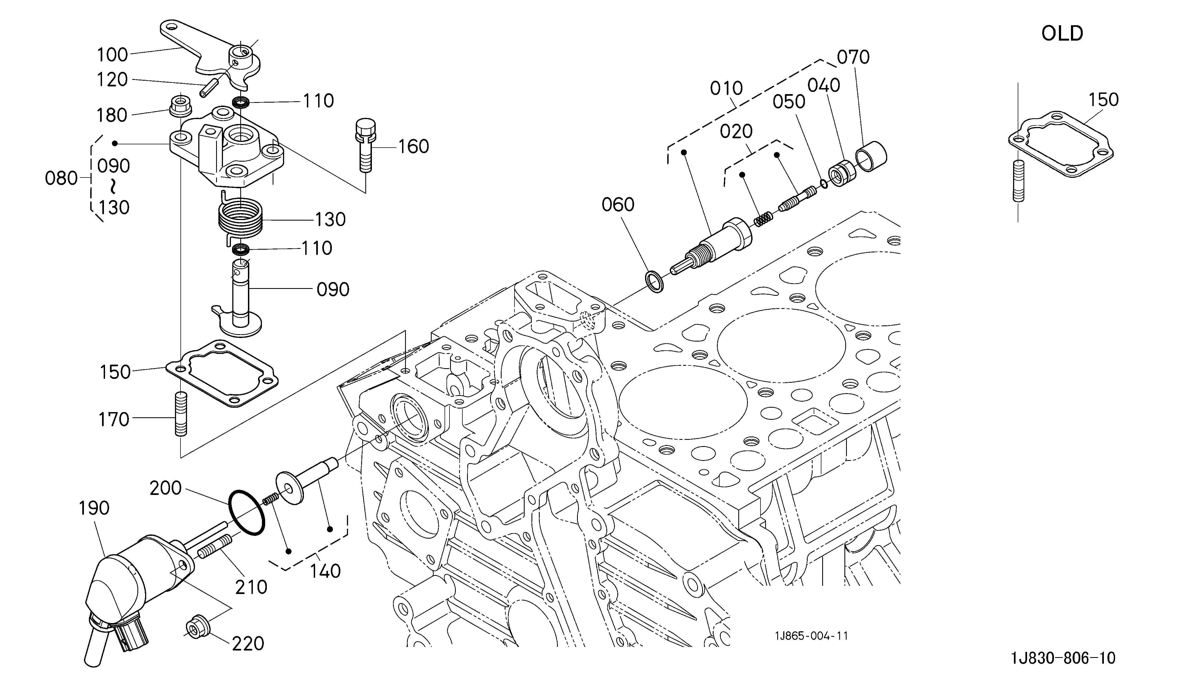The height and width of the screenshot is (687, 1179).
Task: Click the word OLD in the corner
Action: point(1062,34)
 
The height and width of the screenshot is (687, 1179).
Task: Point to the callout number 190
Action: point(94,508)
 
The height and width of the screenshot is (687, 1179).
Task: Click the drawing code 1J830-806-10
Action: point(1063,658)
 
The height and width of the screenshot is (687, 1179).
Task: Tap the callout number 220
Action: point(248,643)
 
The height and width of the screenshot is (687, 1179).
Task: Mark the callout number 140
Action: point(325,571)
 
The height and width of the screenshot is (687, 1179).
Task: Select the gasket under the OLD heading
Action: point(1060,144)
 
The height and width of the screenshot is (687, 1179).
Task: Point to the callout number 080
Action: point(61,178)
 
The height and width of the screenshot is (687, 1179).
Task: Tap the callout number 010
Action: point(726,88)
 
